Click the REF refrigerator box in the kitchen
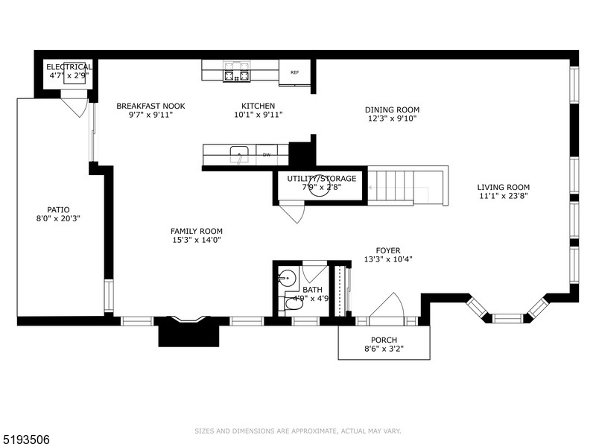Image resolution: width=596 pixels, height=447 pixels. click(x=295, y=72)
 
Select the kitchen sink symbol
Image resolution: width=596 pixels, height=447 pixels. click(x=239, y=155)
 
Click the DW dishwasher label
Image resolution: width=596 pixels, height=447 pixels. click(x=266, y=155)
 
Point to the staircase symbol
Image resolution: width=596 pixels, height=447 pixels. click(x=398, y=186)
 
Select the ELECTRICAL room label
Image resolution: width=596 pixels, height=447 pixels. click(x=69, y=67)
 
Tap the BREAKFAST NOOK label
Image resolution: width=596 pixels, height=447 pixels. click(x=150, y=106)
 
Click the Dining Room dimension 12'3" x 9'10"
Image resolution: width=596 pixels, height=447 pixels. click(x=393, y=118)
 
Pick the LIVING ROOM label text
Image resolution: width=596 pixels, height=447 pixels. click(x=504, y=187)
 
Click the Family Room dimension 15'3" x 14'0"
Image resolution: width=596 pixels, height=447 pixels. click(x=196, y=240)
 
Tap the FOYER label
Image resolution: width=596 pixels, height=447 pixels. click(x=387, y=250)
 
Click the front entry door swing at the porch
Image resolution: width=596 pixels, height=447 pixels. click(x=388, y=307)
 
